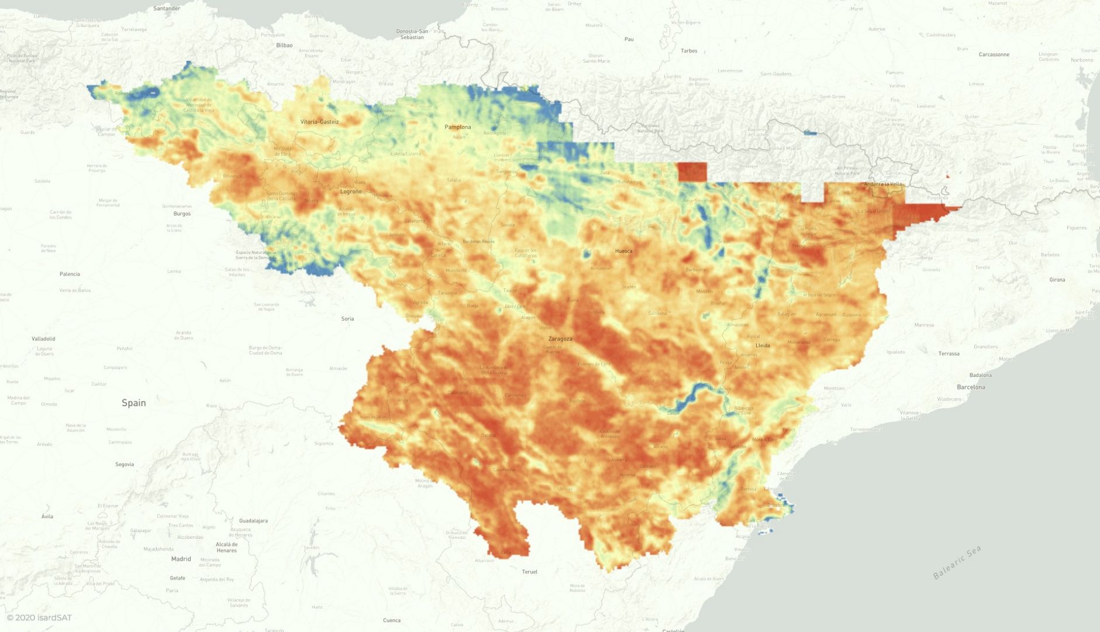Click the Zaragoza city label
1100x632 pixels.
560,339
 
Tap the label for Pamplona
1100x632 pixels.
457,127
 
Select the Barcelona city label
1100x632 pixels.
971,387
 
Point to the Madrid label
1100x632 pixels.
181,559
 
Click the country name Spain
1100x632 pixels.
133,403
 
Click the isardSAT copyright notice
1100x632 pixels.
39,617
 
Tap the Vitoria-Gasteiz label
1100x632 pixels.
319,122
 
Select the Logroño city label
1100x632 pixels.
351,191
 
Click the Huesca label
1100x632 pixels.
623,251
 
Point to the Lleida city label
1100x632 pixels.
763,345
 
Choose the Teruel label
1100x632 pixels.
529,572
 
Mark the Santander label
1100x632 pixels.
167,9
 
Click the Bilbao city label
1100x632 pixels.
284,45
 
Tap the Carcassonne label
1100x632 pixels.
994,54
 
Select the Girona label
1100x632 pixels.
1057,280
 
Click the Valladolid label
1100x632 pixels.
43,339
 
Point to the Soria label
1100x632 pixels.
347,319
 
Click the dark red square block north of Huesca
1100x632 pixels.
692,172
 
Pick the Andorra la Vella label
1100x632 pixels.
883,184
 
